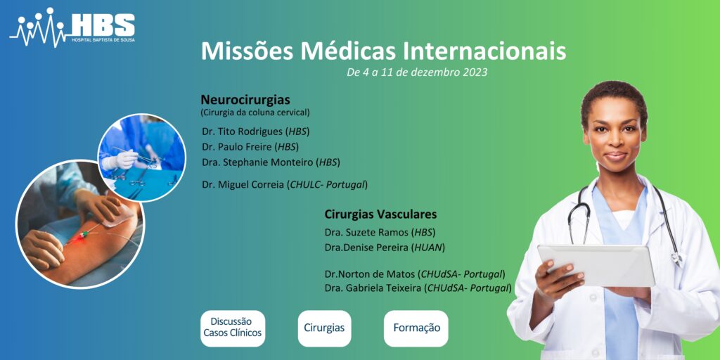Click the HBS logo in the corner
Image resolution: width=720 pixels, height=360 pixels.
[x=72, y=27]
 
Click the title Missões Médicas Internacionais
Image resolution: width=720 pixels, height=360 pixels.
[x=383, y=51]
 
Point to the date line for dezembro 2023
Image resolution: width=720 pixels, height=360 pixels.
[x=417, y=72]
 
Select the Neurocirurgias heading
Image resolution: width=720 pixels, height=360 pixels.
[x=245, y=99]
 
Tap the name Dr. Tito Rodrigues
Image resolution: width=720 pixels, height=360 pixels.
[x=244, y=131]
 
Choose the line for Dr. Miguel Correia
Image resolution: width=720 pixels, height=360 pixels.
[x=285, y=185]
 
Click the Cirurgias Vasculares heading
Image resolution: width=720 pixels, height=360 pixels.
[x=380, y=214]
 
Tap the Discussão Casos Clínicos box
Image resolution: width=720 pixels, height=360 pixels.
[x=233, y=328]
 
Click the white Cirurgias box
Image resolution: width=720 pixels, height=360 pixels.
[x=324, y=328]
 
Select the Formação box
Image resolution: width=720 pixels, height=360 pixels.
[x=416, y=328]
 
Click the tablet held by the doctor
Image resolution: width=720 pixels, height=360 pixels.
[x=596, y=265]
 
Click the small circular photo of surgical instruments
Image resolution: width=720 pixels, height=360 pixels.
[x=142, y=157]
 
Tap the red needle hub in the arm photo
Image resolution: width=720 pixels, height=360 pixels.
[x=84, y=235]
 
